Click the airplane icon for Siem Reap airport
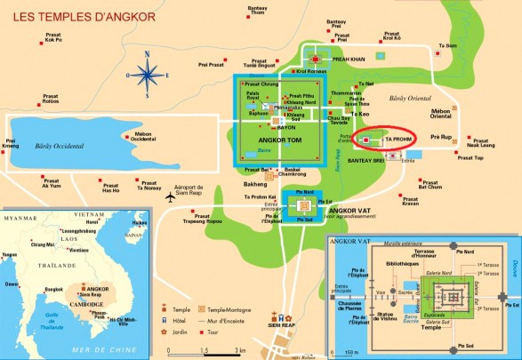[x=171, y=198]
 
